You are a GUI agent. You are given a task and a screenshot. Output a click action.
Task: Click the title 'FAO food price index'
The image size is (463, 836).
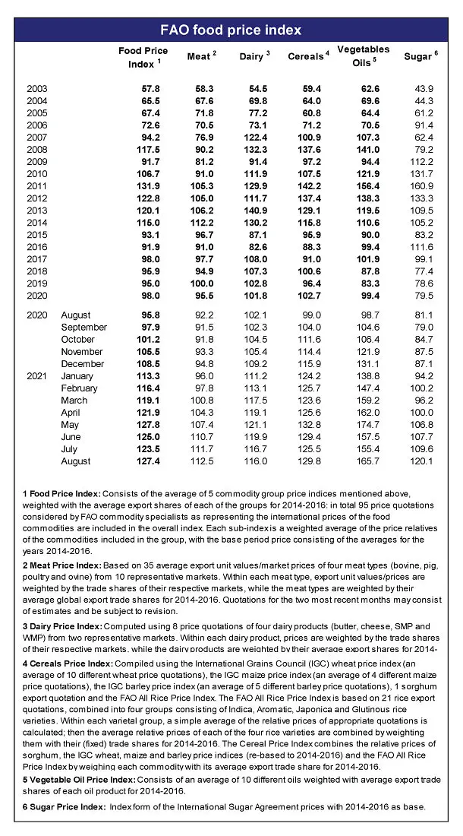pyautogui.click(x=231, y=30)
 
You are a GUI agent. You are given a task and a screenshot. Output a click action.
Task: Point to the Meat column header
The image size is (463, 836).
pyautogui.click(x=201, y=57)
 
